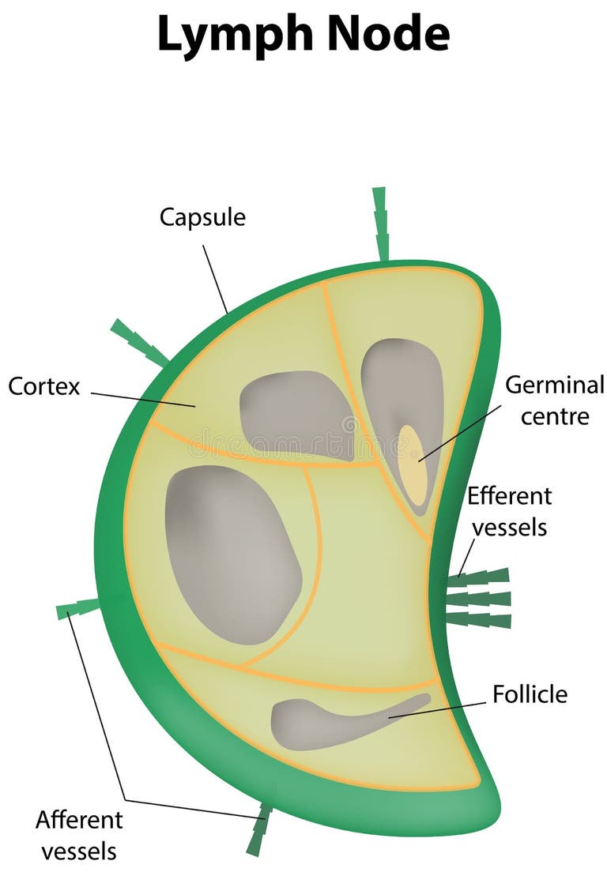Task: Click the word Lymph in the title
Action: (x=229, y=36)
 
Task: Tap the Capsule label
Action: (x=202, y=216)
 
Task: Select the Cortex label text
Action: (x=44, y=386)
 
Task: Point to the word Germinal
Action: (x=554, y=385)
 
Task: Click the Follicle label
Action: (x=530, y=694)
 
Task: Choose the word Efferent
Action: (x=509, y=496)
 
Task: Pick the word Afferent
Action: (x=79, y=820)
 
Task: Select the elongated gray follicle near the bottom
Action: (x=332, y=721)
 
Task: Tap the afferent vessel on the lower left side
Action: (x=77, y=608)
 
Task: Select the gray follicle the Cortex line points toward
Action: (x=296, y=414)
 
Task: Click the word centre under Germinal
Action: (x=554, y=416)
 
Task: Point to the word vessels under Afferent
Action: (x=79, y=851)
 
